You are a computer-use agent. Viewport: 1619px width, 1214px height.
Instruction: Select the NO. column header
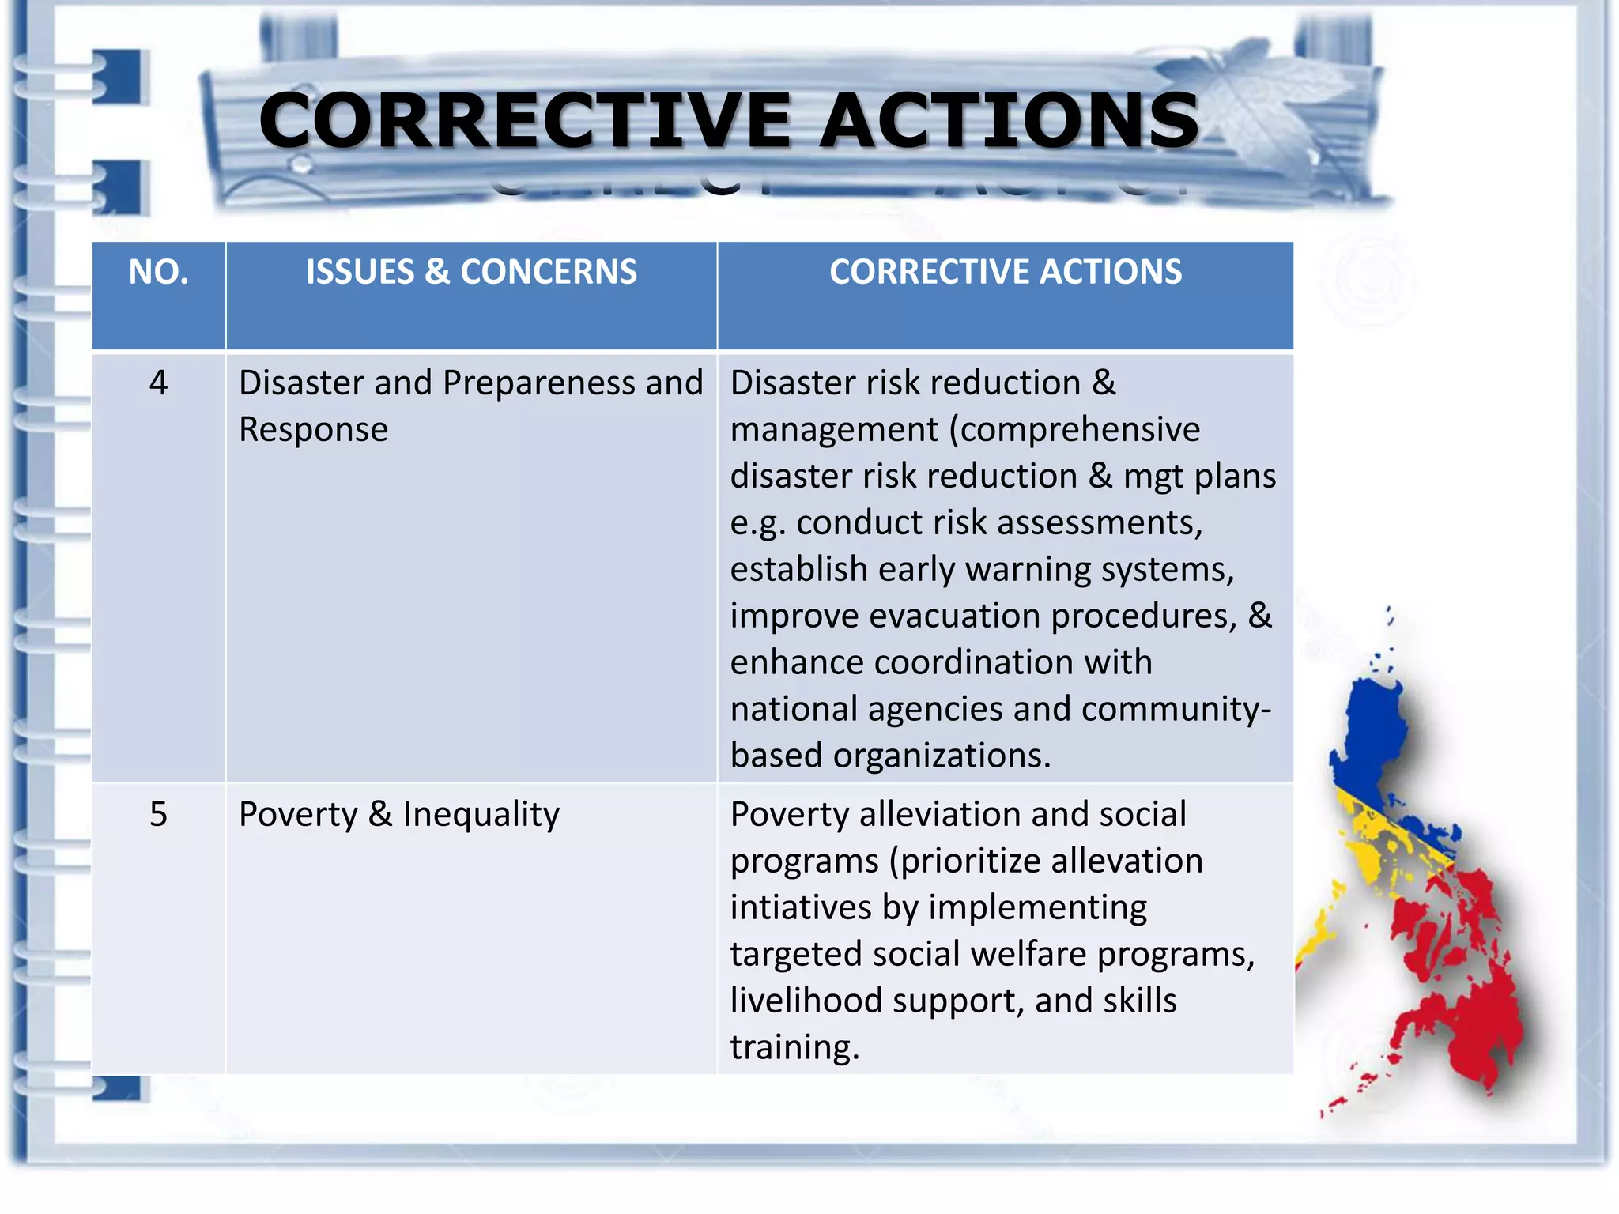(158, 272)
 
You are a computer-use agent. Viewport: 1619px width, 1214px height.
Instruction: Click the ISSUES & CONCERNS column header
(471, 272)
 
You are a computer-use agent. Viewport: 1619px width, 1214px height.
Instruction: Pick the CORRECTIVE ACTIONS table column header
(1006, 272)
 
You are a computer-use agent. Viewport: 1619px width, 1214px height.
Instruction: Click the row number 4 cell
(158, 383)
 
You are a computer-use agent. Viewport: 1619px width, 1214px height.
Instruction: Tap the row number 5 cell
(158, 814)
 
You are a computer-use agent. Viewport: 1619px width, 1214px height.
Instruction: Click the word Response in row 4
(313, 430)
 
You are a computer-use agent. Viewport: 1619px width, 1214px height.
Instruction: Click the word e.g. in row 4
(757, 523)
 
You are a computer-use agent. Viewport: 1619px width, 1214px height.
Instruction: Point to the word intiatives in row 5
(800, 907)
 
